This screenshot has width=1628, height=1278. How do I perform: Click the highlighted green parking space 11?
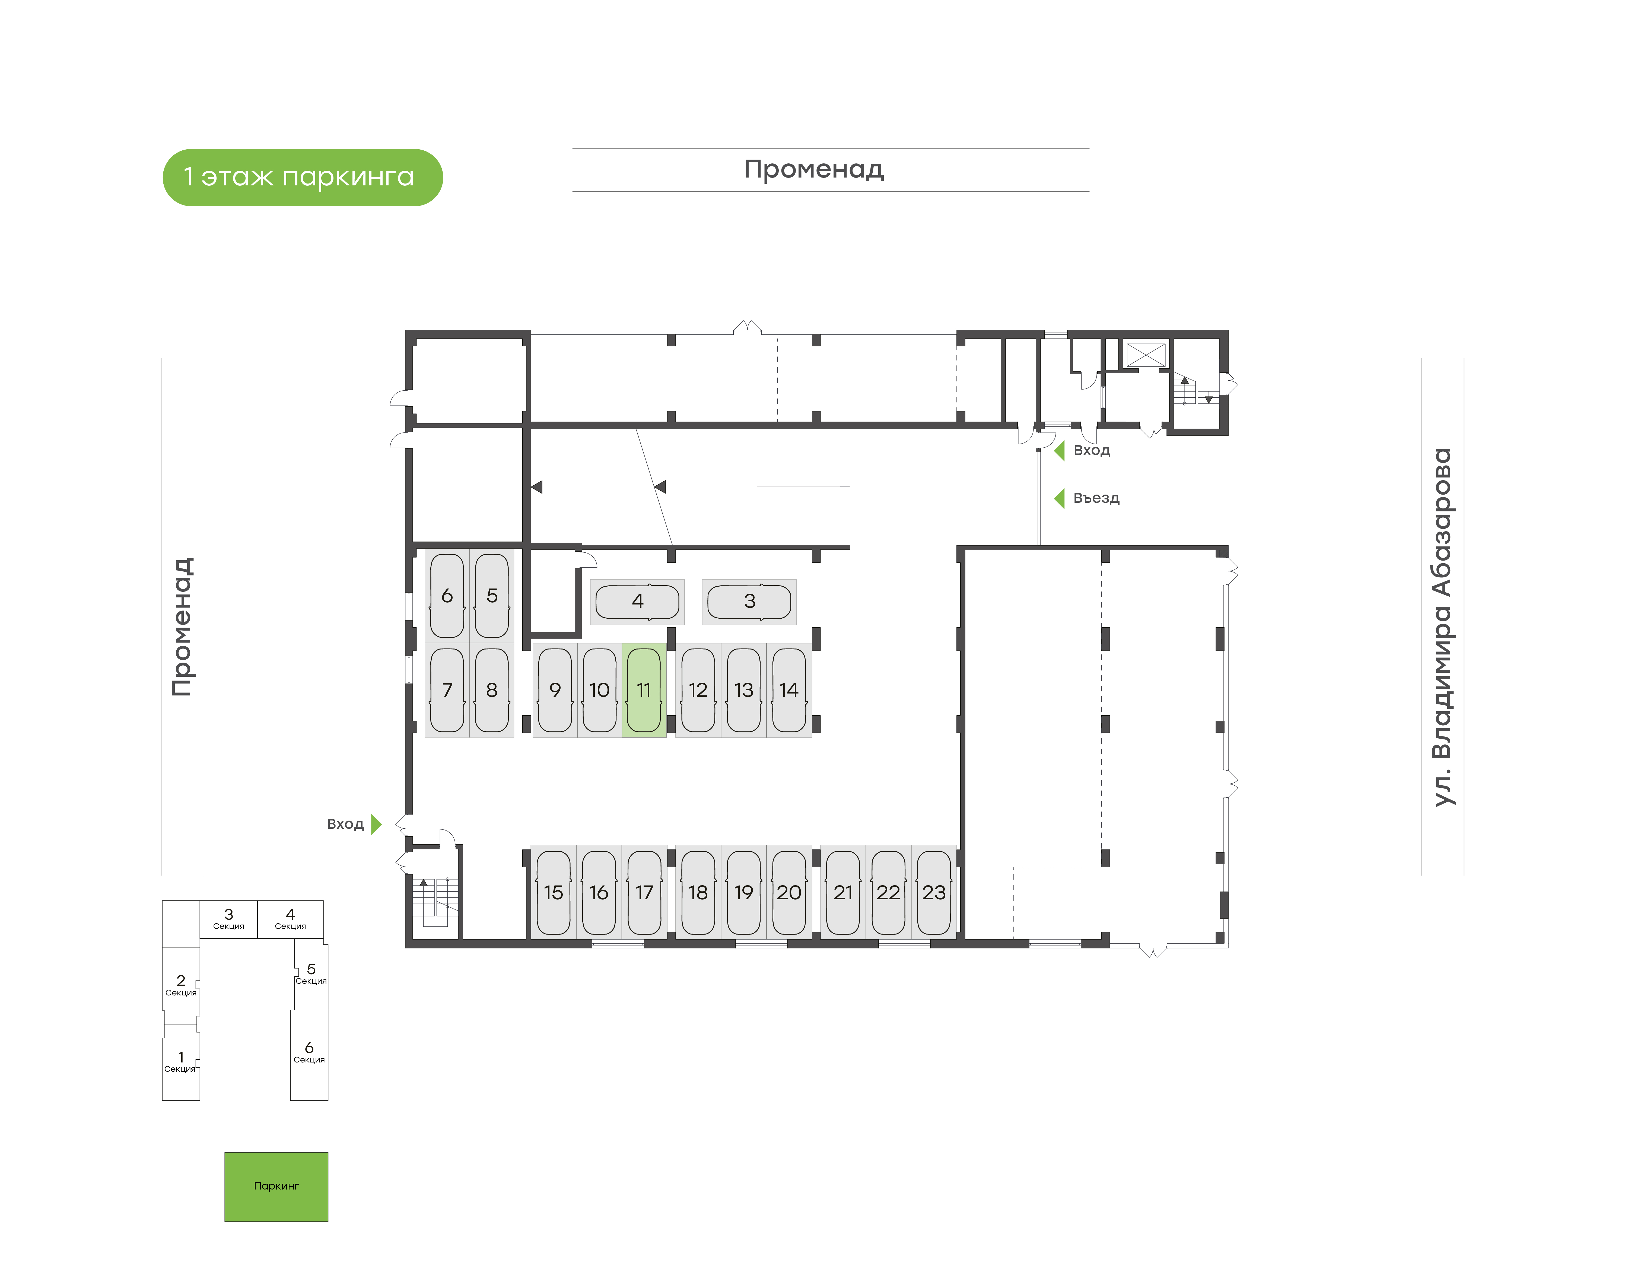[x=644, y=690]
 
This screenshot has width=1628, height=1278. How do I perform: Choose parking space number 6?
[x=447, y=596]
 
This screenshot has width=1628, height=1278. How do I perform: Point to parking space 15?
[x=554, y=892]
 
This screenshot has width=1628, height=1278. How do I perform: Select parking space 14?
[x=789, y=690]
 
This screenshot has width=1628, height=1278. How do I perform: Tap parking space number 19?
[x=743, y=892]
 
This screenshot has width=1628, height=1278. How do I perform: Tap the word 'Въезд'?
[x=1096, y=498]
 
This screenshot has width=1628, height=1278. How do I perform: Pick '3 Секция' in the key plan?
[x=229, y=919]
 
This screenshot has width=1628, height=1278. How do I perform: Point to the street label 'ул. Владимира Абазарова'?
[x=1442, y=627]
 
